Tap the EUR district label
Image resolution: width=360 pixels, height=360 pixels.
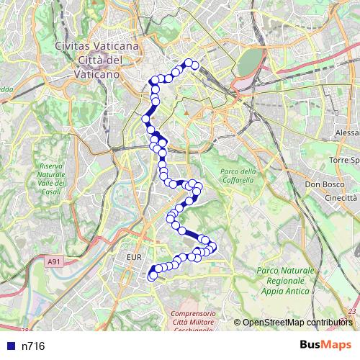[x=135, y=256]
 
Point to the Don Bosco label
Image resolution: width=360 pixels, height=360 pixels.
[x=320, y=184]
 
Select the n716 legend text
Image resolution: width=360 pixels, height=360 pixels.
[x=33, y=346]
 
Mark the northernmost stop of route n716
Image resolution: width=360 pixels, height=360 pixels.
[x=189, y=63]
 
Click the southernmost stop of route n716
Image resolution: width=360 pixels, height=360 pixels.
[x=152, y=276]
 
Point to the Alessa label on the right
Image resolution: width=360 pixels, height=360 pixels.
[x=347, y=133]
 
